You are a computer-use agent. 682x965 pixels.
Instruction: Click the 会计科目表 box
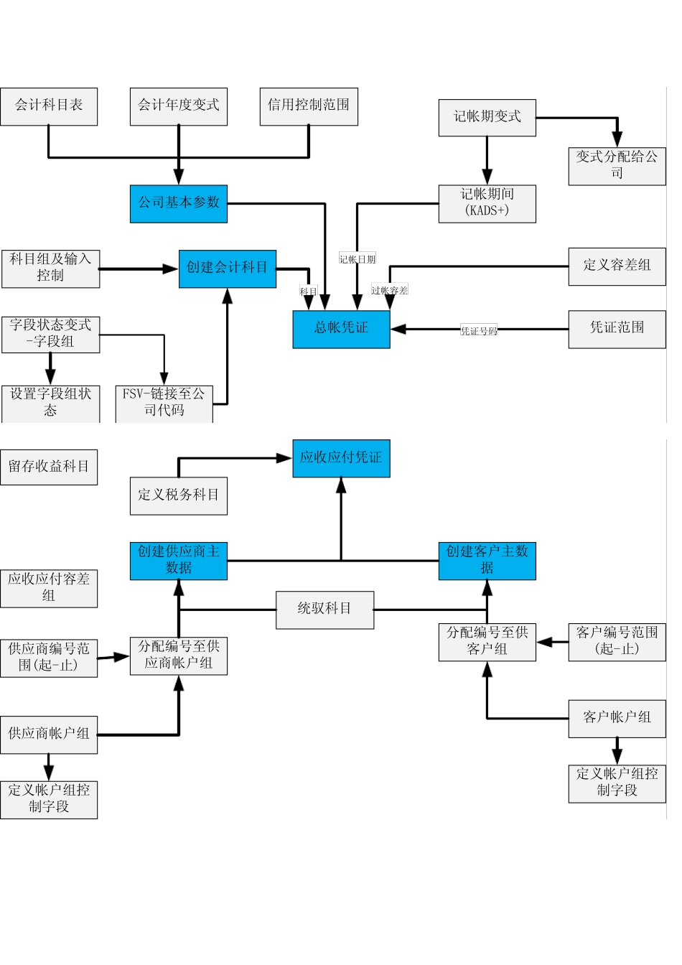(x=49, y=106)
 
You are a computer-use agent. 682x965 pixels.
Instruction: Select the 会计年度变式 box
(x=179, y=106)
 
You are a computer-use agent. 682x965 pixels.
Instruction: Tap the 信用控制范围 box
(x=309, y=106)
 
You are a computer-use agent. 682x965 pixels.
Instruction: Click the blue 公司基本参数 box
(x=179, y=203)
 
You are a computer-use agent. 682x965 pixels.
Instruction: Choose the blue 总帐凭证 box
(x=341, y=329)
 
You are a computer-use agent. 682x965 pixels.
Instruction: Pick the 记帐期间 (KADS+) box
(x=487, y=203)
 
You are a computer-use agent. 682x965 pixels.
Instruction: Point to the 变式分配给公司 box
(x=617, y=166)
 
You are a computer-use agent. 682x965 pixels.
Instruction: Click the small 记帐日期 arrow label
(x=358, y=259)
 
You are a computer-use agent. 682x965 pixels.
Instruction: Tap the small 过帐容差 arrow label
(x=390, y=290)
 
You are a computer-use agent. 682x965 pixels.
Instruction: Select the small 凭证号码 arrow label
(x=479, y=331)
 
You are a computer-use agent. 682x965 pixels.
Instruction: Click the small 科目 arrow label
(x=309, y=291)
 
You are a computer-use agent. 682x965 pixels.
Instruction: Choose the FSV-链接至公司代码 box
(x=164, y=404)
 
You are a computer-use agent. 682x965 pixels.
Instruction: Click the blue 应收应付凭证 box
(x=341, y=458)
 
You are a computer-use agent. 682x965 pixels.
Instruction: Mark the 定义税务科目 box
(x=179, y=495)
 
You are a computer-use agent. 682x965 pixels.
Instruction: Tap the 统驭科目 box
(x=324, y=610)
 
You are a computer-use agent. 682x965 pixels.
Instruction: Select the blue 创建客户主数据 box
(x=487, y=561)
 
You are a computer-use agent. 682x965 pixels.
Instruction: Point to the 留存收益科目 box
(x=49, y=467)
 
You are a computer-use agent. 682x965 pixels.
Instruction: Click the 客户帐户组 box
(x=617, y=718)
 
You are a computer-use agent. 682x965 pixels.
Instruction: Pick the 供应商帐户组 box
(x=49, y=735)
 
